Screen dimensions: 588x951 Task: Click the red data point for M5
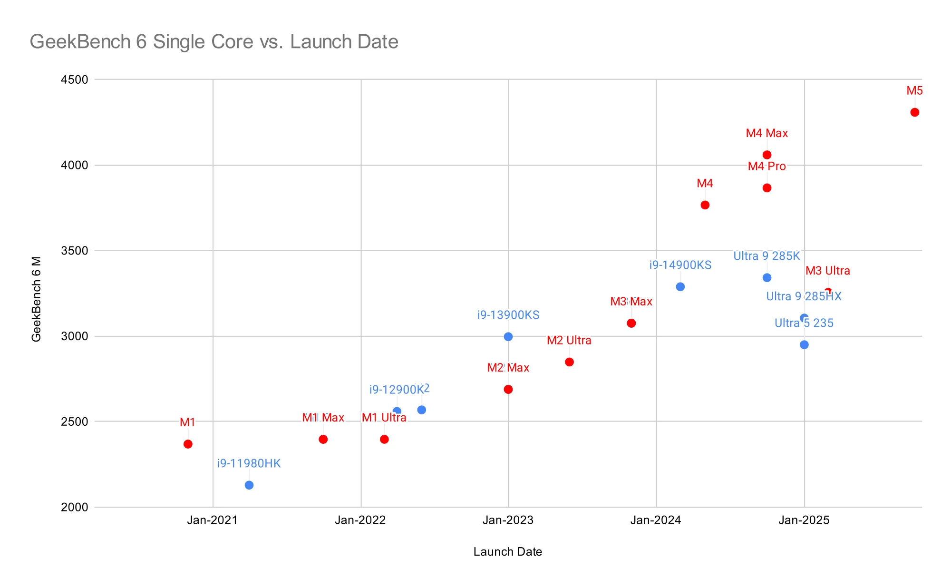tap(914, 112)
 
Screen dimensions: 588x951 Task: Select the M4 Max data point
tap(767, 155)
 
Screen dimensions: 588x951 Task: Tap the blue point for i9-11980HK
tap(249, 485)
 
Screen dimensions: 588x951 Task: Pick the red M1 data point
tap(188, 444)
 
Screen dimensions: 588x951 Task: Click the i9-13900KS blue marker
tap(508, 337)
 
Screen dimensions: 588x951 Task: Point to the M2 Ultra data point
tap(569, 362)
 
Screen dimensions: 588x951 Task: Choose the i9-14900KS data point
tap(680, 287)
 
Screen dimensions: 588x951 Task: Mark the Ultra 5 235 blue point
tap(804, 345)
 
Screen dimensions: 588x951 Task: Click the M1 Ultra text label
tap(384, 418)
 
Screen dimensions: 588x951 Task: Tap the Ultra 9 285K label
tap(767, 256)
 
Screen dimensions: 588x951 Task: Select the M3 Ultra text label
tap(827, 271)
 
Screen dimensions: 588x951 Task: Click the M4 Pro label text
tap(767, 167)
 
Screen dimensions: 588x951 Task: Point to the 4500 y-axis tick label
tap(75, 80)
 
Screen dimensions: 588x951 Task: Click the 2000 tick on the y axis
tap(75, 507)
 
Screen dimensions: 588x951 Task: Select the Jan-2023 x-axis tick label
tap(508, 520)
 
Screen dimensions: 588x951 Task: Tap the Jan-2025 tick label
tap(804, 520)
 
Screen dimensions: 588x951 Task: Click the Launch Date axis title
tap(507, 552)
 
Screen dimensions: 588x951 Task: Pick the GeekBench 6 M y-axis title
tap(36, 299)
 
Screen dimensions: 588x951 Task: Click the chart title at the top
tap(214, 42)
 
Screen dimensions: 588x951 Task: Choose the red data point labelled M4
tap(705, 205)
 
